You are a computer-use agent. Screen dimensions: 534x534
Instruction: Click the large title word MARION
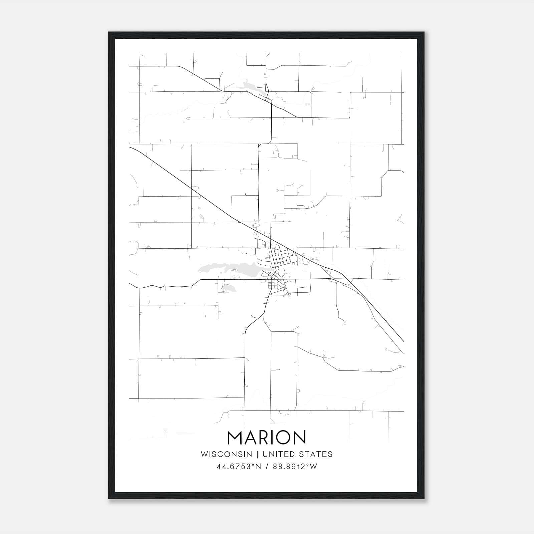[266, 438]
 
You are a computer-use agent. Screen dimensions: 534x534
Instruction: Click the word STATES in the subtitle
[315, 454]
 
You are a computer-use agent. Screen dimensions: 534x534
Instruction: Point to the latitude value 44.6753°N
[238, 467]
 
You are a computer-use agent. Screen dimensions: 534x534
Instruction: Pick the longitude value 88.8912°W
[295, 467]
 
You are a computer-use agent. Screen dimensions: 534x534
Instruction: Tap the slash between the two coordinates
[267, 467]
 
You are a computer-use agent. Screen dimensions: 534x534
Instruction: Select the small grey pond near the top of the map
[254, 86]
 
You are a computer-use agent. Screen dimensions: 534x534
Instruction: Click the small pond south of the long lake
[227, 287]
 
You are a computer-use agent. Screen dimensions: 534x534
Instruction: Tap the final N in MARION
[299, 438]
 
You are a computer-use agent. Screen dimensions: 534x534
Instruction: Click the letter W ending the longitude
[314, 467]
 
